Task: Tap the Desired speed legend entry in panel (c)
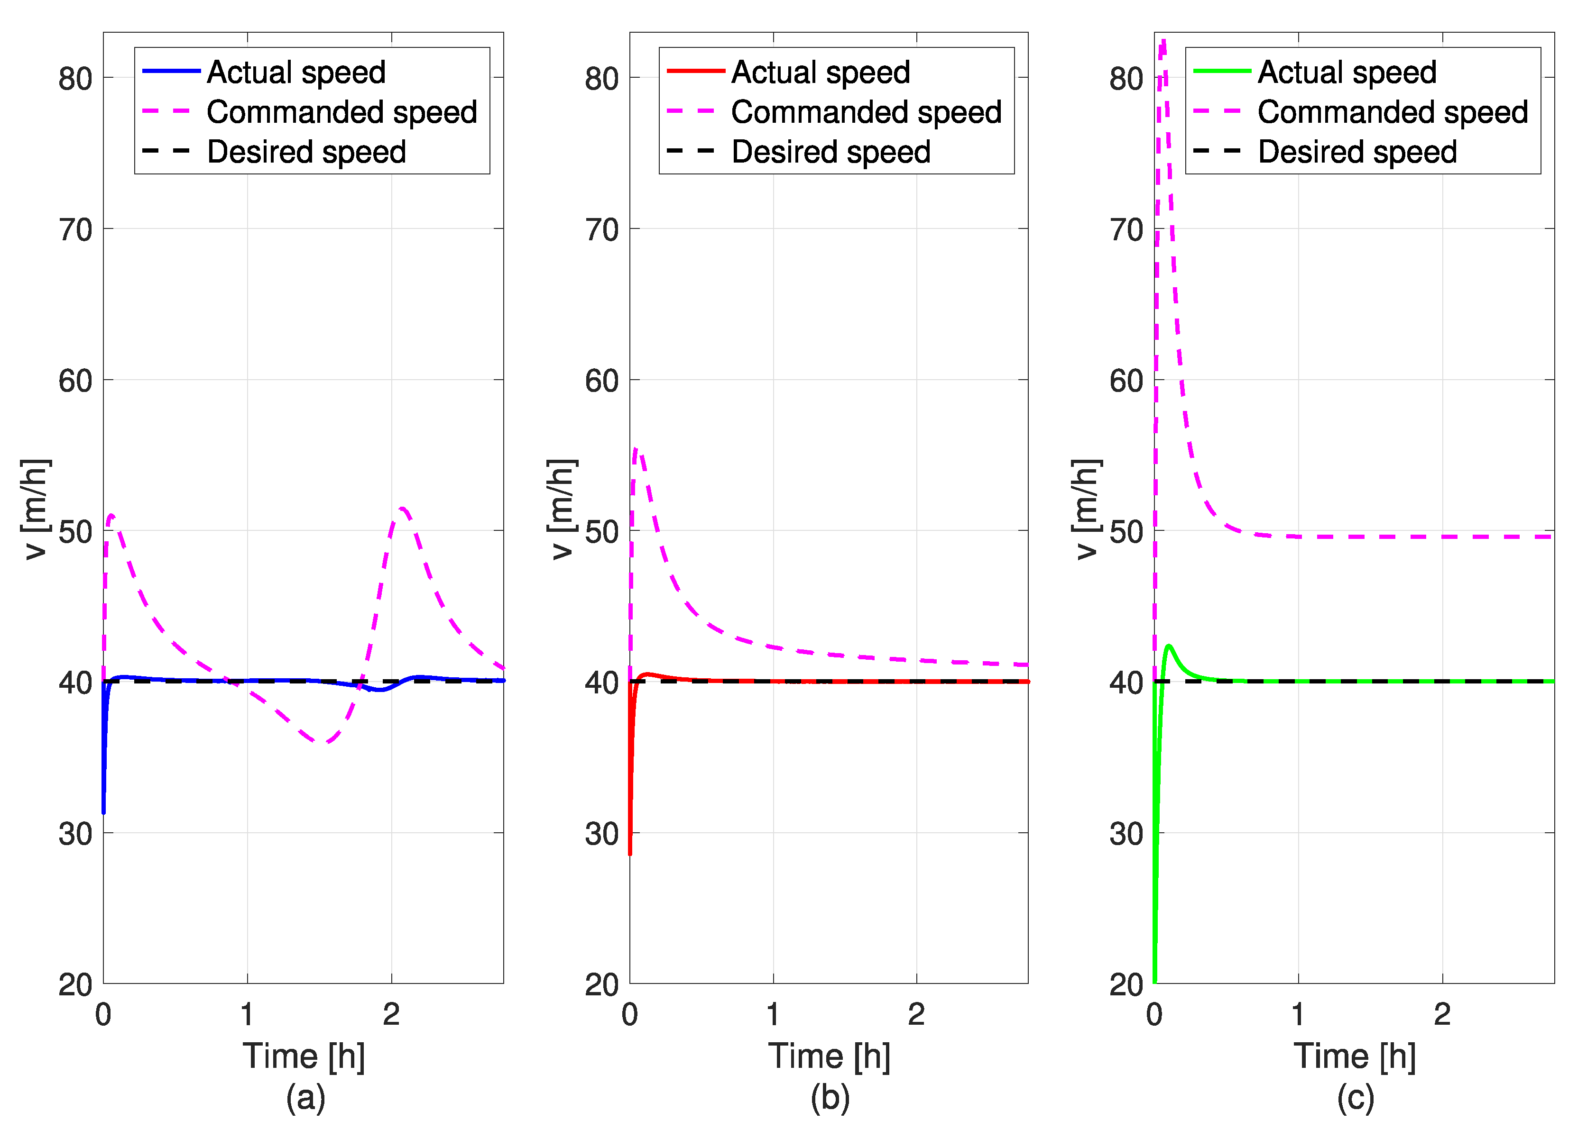point(1357,152)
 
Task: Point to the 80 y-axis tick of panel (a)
point(75,78)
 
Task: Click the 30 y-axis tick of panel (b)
point(602,834)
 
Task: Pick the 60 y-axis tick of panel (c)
point(1126,381)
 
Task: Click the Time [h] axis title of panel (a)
point(304,1056)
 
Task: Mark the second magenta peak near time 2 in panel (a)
point(402,509)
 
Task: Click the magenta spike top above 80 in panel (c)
point(1163,41)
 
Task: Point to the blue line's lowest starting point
point(103,813)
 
